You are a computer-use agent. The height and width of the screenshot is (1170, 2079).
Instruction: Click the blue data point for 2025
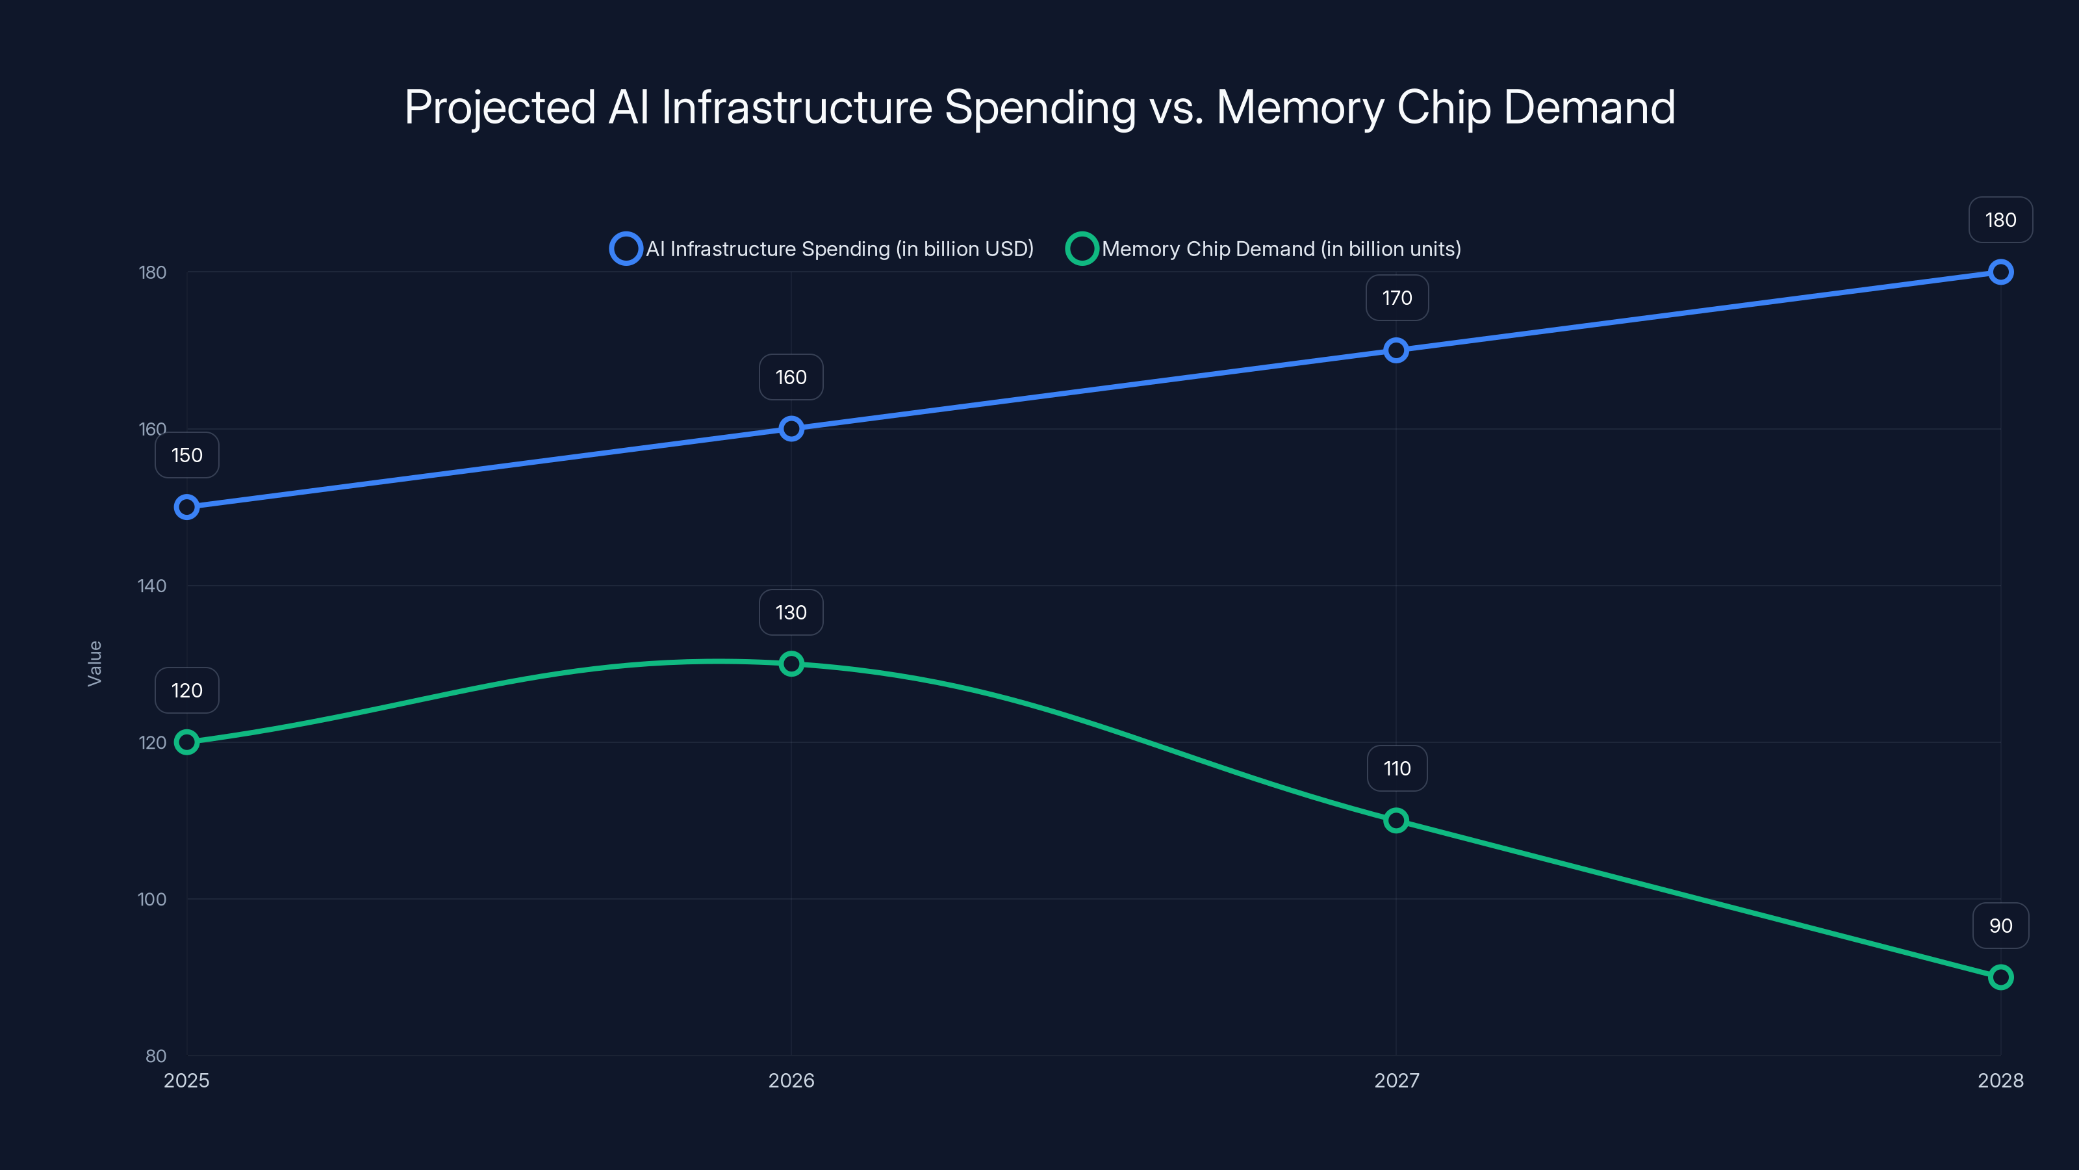pyautogui.click(x=186, y=507)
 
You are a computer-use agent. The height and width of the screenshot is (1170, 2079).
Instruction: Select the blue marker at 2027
pyautogui.click(x=1396, y=350)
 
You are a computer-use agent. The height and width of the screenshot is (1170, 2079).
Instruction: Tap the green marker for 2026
pyautogui.click(x=791, y=664)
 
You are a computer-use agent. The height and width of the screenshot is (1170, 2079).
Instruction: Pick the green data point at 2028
pyautogui.click(x=2000, y=977)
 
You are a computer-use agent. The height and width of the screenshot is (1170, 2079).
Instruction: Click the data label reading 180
pyautogui.click(x=2000, y=220)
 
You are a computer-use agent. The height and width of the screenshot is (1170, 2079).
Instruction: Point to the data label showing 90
pyautogui.click(x=2000, y=926)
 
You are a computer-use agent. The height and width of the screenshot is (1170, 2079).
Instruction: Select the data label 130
pyautogui.click(x=791, y=612)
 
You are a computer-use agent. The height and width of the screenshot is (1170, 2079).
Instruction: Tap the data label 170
pyautogui.click(x=1396, y=298)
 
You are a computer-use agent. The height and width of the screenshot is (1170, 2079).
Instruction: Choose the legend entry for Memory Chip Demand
pyautogui.click(x=1264, y=249)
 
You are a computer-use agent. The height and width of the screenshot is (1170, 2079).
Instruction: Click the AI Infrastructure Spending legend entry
pyautogui.click(x=822, y=249)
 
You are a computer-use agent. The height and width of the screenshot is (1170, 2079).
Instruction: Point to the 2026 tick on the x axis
pyautogui.click(x=791, y=1080)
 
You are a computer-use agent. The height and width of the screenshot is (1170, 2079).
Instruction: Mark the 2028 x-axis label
pyautogui.click(x=2000, y=1080)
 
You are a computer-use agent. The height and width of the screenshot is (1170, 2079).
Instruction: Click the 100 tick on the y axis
pyautogui.click(x=152, y=899)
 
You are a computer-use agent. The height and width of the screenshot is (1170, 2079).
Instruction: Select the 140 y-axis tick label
pyautogui.click(x=152, y=586)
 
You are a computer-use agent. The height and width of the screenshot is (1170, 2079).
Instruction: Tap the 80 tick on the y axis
pyautogui.click(x=156, y=1056)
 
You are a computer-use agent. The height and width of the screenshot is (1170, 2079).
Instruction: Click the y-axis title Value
pyautogui.click(x=94, y=663)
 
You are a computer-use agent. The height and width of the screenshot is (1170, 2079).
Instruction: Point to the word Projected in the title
pyautogui.click(x=500, y=107)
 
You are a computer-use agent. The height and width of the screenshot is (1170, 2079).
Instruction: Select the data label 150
pyautogui.click(x=186, y=456)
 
